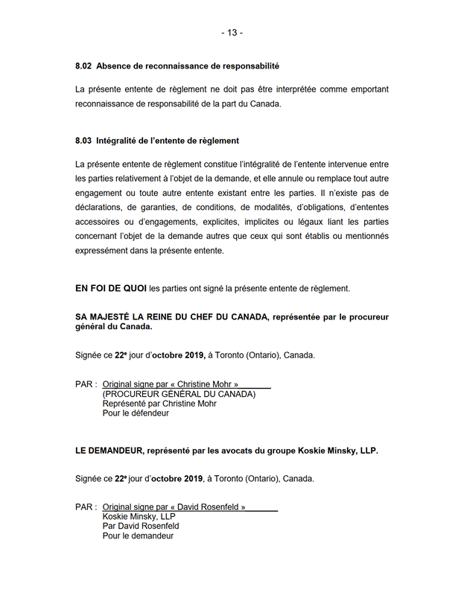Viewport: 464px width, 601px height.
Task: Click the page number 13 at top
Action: [232, 33]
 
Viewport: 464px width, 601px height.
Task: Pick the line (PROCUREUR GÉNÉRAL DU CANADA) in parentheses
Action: [179, 394]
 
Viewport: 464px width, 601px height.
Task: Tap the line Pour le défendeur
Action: [136, 413]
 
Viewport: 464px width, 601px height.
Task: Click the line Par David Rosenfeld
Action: [141, 526]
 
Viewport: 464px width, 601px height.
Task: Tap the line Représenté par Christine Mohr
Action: [159, 404]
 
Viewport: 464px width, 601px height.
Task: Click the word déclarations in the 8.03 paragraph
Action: [98, 208]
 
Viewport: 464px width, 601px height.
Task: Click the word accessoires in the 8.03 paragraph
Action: [99, 222]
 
